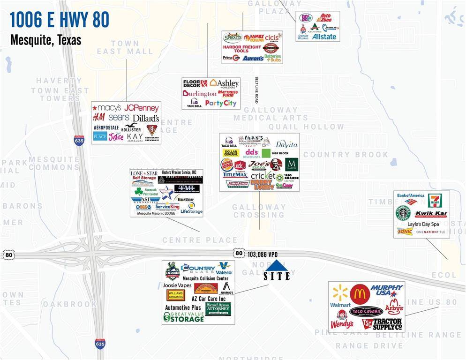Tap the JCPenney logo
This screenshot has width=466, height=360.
141,108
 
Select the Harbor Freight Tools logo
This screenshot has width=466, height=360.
242,48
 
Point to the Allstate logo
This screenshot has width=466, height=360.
324,36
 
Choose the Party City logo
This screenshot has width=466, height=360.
220,103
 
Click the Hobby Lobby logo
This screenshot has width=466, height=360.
263,185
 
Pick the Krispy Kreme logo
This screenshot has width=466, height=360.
237,184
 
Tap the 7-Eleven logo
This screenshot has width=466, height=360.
435,201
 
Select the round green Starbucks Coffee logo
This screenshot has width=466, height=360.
403,213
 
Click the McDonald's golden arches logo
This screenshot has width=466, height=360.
360,294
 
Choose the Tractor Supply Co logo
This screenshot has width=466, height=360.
382,323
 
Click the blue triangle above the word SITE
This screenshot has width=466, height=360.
276,266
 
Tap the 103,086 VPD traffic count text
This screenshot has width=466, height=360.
263,254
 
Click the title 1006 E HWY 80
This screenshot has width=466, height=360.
60,20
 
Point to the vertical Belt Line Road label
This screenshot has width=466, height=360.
257,90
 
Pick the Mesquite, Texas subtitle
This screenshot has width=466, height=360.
46,40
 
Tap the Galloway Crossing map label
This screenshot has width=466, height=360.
259,211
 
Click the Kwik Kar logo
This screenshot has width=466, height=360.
431,214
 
